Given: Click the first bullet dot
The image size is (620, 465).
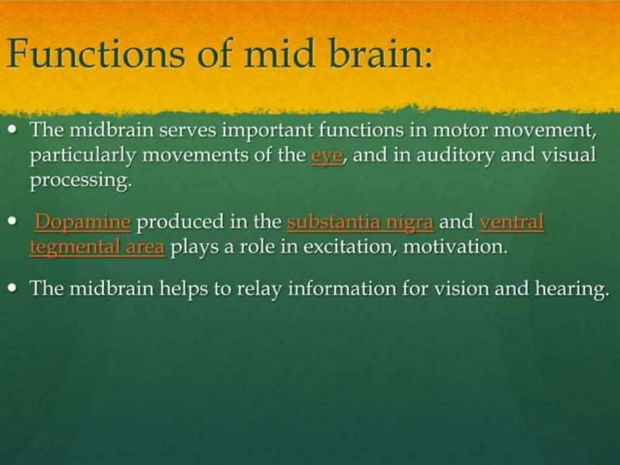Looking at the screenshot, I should (x=12, y=130).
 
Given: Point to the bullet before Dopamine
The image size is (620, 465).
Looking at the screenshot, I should (x=12, y=221).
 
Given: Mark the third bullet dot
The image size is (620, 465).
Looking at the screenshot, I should (x=12, y=288).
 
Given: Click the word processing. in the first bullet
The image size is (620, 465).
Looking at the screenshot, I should (x=81, y=181).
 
